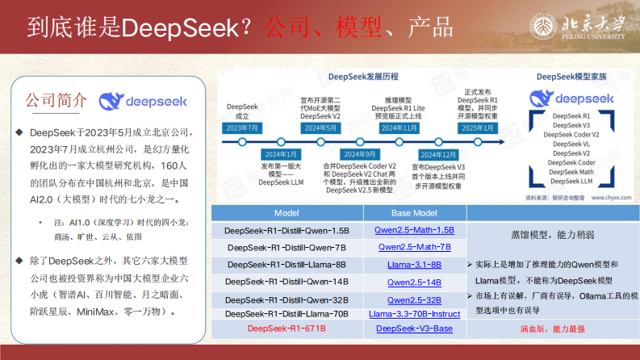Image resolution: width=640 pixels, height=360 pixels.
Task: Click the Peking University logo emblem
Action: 544,24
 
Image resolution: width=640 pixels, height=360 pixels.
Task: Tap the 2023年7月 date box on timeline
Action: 241,128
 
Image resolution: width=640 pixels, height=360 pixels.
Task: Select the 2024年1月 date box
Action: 279,154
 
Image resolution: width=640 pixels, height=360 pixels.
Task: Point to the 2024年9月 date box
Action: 360,154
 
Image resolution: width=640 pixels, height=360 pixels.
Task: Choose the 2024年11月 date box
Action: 398,128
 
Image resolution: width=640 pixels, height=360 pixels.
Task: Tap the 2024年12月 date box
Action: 439,154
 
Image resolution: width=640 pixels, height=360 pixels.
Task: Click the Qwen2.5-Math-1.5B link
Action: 415,230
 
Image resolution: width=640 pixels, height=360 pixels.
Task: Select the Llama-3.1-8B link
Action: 415,264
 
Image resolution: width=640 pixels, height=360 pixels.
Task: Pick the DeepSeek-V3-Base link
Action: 415,329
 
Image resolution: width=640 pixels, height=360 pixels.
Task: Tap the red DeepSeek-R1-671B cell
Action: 287,329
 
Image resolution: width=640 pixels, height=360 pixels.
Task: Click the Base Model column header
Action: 415,213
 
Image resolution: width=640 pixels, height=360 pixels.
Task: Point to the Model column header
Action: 287,213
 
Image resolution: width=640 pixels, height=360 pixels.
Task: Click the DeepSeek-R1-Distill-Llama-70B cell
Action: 287,313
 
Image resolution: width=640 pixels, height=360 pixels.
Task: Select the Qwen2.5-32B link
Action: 415,299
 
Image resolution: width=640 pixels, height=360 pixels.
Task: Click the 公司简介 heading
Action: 56,101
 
